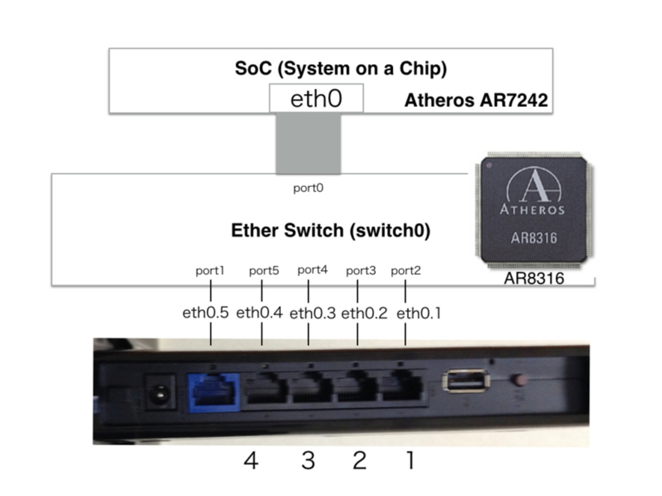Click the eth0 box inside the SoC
(316, 98)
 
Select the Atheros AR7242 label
(476, 100)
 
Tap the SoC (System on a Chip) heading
(341, 68)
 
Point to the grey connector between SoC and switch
(308, 143)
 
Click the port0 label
(308, 188)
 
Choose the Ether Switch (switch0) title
(330, 230)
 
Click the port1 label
(210, 271)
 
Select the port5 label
(264, 271)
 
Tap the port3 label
(361, 271)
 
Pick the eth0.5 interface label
(205, 312)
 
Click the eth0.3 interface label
(312, 313)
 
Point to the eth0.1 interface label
(419, 313)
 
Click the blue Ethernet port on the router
(214, 392)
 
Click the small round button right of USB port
(520, 380)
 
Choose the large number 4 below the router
(251, 460)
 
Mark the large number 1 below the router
(410, 460)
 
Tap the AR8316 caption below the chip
(534, 278)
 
